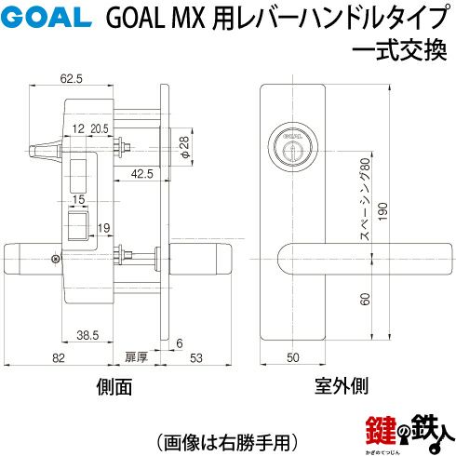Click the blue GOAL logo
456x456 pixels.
(x=46, y=18)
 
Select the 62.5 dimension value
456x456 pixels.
(x=72, y=79)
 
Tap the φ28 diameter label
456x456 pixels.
(x=183, y=147)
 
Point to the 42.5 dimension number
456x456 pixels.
(x=142, y=174)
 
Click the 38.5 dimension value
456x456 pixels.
(x=87, y=335)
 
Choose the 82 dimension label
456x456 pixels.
(x=59, y=358)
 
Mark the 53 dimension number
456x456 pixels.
(x=196, y=358)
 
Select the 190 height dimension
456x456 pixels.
(x=383, y=212)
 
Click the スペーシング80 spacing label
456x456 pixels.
(x=366, y=199)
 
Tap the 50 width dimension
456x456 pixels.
(x=293, y=357)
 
